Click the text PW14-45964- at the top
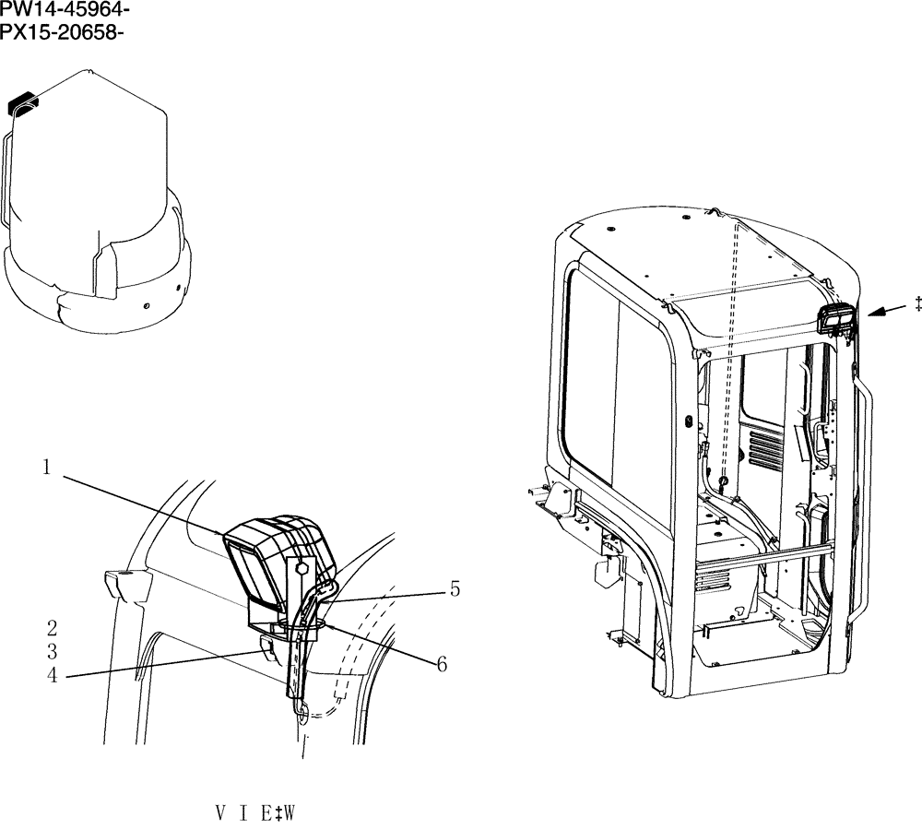pos(64,12)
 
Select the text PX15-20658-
pos(62,34)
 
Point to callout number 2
pos(53,629)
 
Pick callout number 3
pos(53,652)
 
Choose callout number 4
pos(53,675)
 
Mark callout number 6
pos(442,664)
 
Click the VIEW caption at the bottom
pos(255,813)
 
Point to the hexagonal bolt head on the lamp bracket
pos(300,569)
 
